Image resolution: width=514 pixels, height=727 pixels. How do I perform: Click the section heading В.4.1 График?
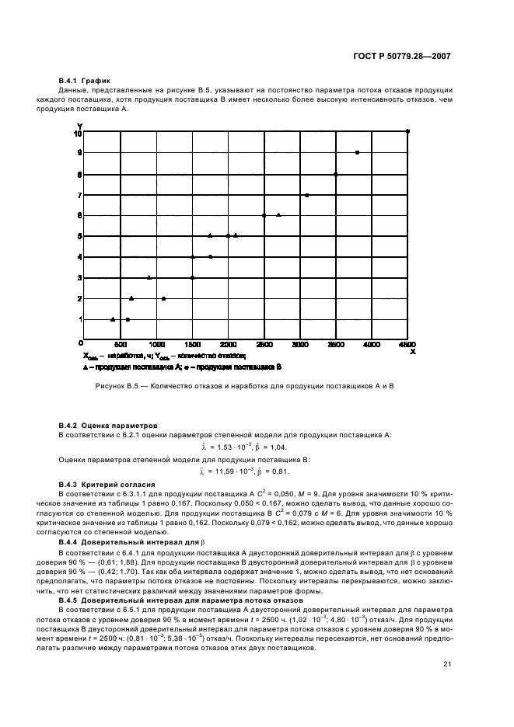pyautogui.click(x=86, y=81)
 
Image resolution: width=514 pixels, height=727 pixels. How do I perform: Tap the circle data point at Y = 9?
pyautogui.click(x=357, y=152)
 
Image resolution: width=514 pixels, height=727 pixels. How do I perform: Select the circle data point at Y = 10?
pyautogui.click(x=408, y=131)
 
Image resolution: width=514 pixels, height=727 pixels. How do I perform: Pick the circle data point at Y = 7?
pyautogui.click(x=306, y=195)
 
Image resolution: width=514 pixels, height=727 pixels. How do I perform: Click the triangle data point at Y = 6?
pyautogui.click(x=278, y=215)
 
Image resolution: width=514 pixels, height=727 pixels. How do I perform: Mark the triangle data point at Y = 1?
pyautogui.click(x=113, y=319)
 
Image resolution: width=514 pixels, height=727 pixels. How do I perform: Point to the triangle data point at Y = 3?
pyautogui.click(x=149, y=277)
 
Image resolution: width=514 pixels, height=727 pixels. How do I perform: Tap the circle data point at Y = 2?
pyautogui.click(x=163, y=298)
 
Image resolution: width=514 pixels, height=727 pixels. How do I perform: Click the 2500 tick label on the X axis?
pyautogui.click(x=264, y=343)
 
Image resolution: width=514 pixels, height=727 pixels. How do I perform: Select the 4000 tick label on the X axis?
pyautogui.click(x=372, y=343)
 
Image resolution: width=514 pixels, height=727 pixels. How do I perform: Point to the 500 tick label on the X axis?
pyautogui.click(x=121, y=343)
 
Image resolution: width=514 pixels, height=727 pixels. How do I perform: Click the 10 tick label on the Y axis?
pyautogui.click(x=77, y=134)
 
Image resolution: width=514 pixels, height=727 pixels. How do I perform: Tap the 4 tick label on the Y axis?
pyautogui.click(x=79, y=257)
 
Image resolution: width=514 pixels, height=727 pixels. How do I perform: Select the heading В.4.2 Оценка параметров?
pyautogui.click(x=108, y=426)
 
